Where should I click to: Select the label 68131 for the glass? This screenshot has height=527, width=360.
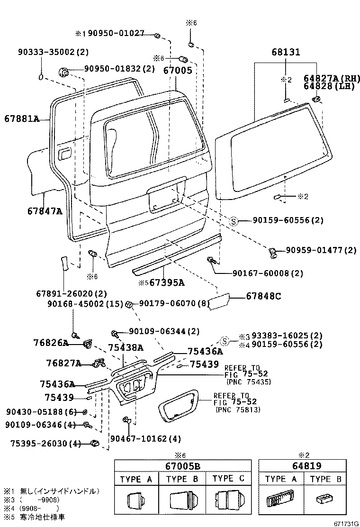pos(286,53)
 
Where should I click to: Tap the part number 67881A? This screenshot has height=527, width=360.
pos(22,118)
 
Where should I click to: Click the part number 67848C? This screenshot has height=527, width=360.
pos(263,296)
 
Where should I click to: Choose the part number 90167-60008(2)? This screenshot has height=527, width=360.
pos(268,273)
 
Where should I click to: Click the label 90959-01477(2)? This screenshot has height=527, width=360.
pos(321,250)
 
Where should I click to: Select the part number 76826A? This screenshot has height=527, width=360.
pos(51,342)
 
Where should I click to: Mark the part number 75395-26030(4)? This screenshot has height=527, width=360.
pos(45,444)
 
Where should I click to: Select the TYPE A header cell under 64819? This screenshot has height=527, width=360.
pos(281,479)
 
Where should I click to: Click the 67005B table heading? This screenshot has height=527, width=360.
pos(183,466)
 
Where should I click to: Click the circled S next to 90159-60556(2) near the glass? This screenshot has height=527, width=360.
pos(234,221)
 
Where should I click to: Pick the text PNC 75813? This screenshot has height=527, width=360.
pos(237,409)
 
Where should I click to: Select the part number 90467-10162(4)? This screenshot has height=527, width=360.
pos(145,439)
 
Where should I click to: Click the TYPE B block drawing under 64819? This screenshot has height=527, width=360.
pos(326,500)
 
